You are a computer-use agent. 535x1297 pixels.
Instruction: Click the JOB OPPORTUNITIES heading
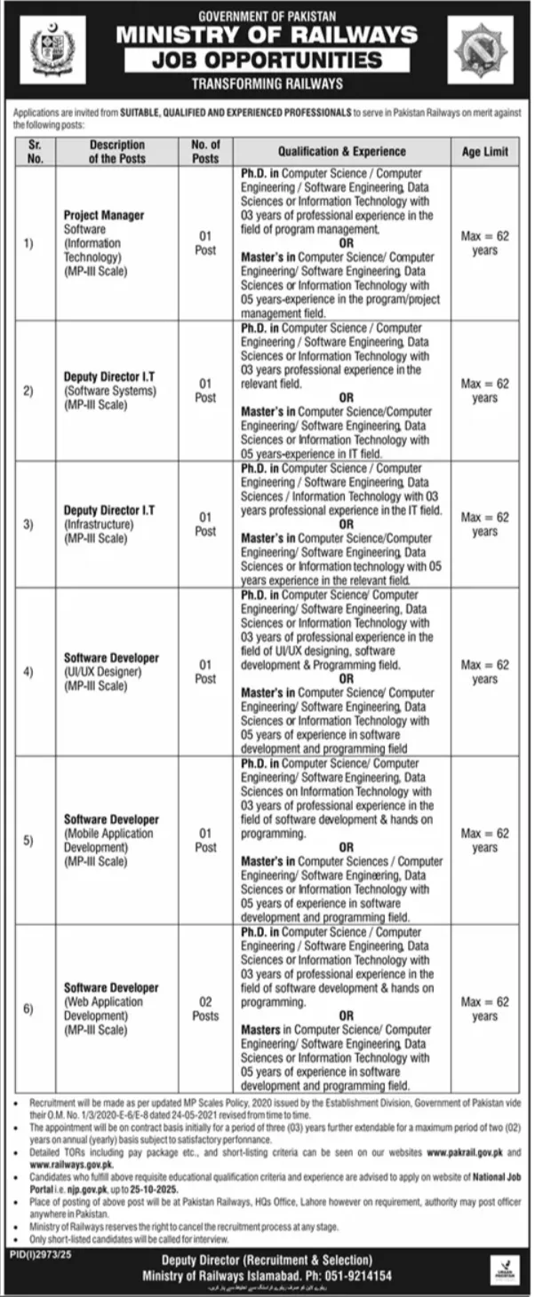(267, 60)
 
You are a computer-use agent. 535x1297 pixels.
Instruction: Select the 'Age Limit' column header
(484, 152)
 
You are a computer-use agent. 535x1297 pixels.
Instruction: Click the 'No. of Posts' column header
(205, 152)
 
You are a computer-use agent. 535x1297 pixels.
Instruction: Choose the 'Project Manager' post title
(104, 216)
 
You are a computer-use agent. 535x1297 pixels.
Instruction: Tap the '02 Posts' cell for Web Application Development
(205, 1008)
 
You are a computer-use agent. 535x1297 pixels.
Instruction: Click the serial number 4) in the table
(28, 672)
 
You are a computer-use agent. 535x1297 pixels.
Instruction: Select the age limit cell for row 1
(484, 244)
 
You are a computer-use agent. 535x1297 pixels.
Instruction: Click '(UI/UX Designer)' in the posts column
(100, 672)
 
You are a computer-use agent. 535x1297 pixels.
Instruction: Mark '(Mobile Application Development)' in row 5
(108, 841)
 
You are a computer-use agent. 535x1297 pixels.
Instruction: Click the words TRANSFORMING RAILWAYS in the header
(267, 83)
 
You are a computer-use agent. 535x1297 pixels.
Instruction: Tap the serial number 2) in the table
(28, 391)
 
